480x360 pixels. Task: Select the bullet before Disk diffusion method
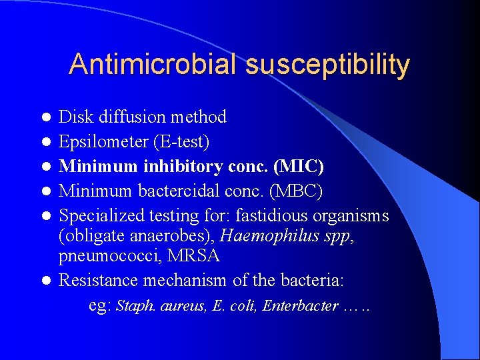coord(46,118)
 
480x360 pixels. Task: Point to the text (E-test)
coord(180,141)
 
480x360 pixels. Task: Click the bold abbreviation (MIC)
coord(299,166)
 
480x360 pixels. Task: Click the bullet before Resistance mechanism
coord(46,281)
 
